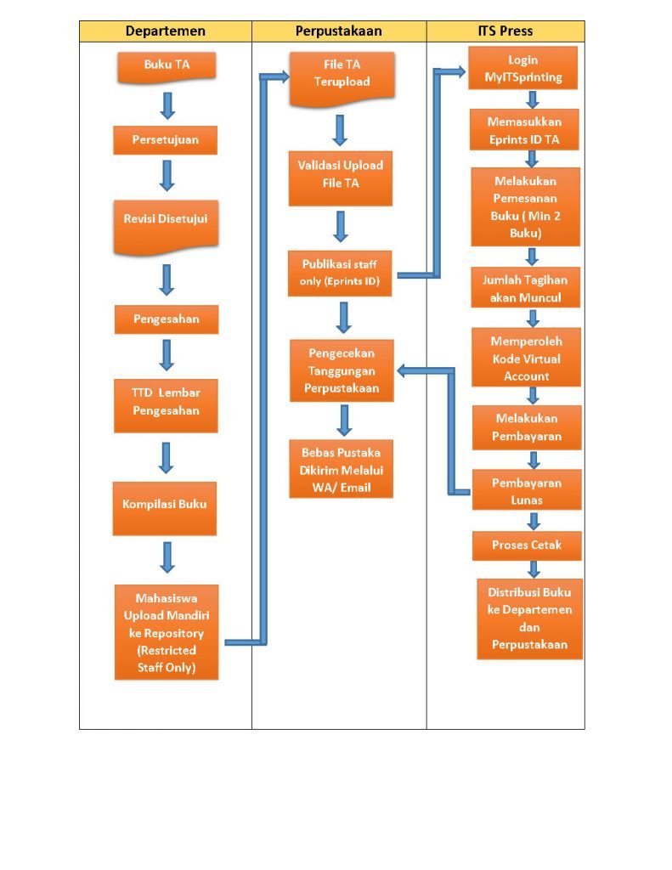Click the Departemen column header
(165, 31)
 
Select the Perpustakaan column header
(338, 31)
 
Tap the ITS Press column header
(505, 31)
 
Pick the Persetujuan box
(165, 140)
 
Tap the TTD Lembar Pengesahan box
(166, 402)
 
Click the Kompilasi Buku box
(165, 505)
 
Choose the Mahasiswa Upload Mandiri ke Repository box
(167, 632)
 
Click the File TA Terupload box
(341, 75)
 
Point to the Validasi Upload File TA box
(340, 174)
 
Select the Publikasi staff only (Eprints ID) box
(340, 273)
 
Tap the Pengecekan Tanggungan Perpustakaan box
(340, 371)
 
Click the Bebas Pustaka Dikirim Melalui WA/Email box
(341, 470)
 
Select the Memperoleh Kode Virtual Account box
(526, 359)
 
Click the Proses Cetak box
(527, 545)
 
